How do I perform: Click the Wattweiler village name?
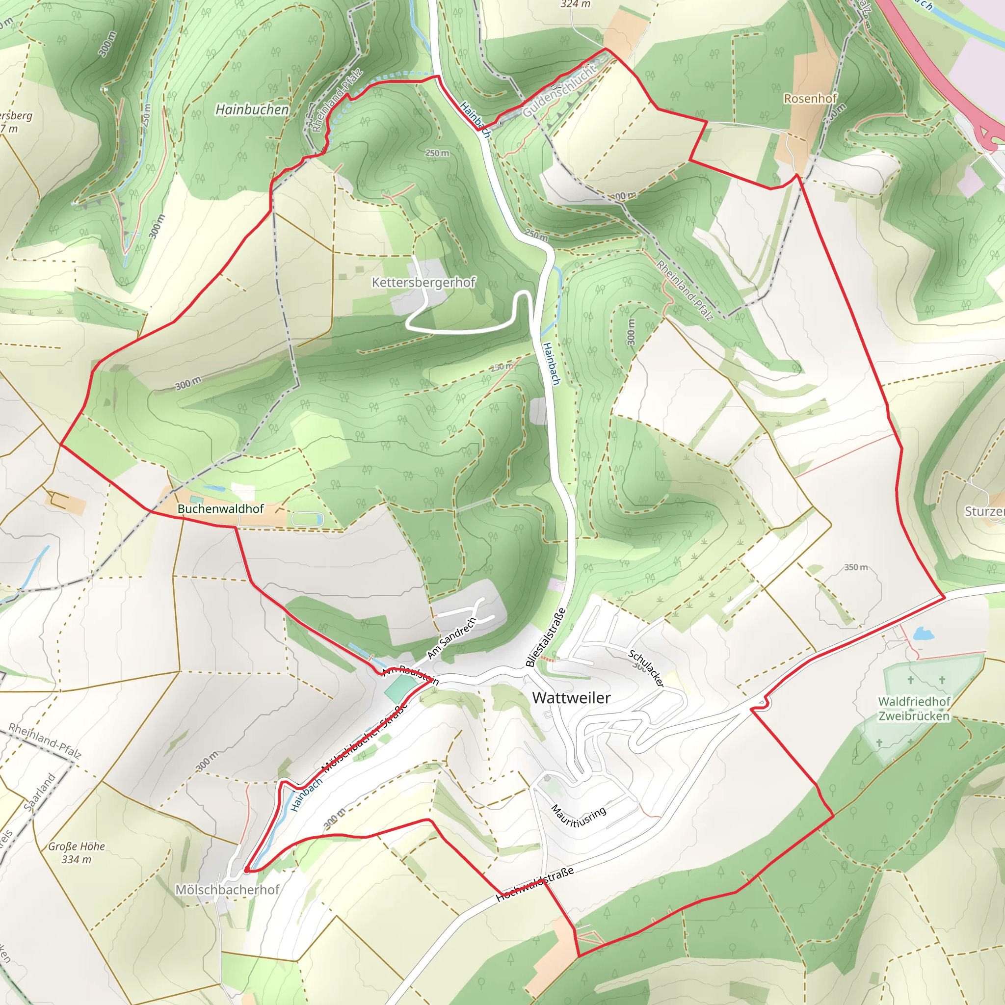coord(571,698)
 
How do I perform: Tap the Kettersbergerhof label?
coord(423,283)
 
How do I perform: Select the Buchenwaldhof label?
coord(220,509)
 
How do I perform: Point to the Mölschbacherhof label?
coord(227,890)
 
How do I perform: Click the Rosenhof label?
coord(810,98)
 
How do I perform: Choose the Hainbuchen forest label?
coord(252,110)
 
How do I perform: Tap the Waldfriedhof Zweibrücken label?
coord(914,709)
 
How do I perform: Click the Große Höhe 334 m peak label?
coord(77,852)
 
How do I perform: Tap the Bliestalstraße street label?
coord(545,637)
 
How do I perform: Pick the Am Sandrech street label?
coord(451,638)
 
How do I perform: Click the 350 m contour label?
coord(856,567)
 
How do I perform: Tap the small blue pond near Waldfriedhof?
coord(924,633)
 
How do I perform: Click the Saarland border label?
coord(40,792)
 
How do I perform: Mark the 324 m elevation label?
coord(575,4)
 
